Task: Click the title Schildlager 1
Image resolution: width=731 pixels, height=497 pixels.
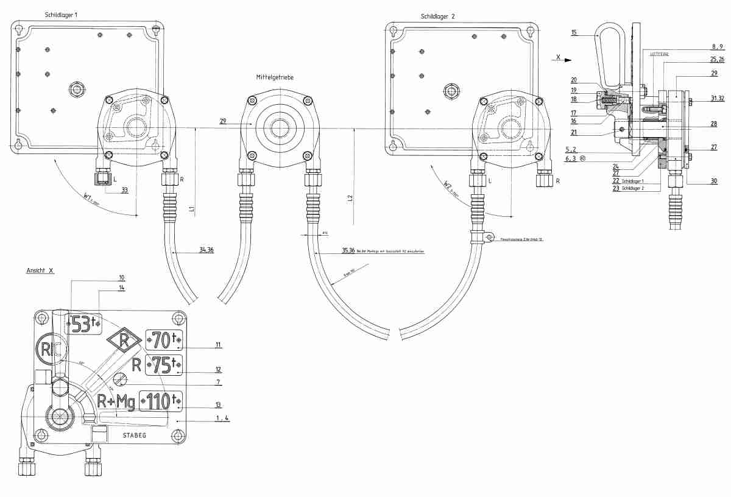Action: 61,14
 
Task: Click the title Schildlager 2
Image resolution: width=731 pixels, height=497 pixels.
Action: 437,16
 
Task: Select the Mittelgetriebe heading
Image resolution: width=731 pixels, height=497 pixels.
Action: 277,77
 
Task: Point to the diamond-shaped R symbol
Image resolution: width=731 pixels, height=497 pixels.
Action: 123,341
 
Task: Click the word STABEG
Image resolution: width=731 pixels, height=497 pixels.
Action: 134,436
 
